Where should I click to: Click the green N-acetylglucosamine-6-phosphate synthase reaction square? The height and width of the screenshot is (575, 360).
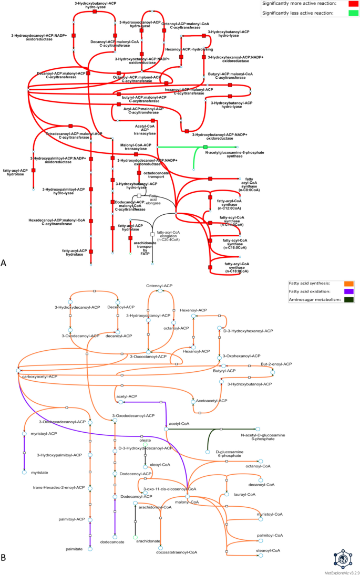click(x=205, y=147)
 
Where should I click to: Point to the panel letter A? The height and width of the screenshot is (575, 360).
click(x=4, y=262)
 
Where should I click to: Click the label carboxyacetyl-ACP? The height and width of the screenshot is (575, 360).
click(x=40, y=377)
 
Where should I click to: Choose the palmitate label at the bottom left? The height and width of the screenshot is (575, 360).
click(x=74, y=549)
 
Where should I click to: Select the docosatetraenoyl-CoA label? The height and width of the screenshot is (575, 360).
click(x=177, y=552)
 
